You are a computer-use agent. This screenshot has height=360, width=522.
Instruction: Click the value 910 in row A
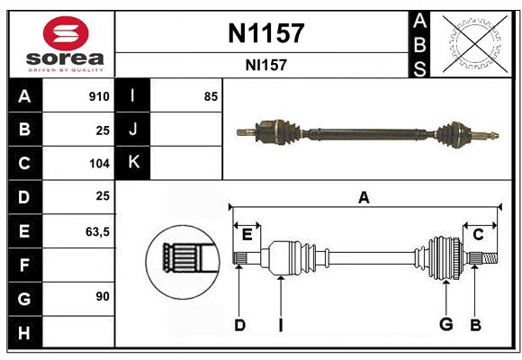(98, 96)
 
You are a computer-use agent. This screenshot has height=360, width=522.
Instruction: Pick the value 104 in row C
(98, 164)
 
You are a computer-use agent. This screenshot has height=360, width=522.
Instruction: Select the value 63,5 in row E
(96, 231)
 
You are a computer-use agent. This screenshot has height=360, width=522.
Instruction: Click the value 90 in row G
(102, 297)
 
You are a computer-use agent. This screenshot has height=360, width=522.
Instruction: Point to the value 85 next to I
(211, 96)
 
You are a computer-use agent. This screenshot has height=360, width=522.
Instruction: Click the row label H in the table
(24, 333)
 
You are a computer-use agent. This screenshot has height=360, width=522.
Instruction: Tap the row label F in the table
(24, 265)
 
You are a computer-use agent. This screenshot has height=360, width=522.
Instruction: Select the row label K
(133, 164)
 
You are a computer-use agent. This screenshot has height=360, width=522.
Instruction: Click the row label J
(133, 130)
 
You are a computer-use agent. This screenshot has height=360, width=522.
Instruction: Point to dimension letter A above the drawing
(364, 198)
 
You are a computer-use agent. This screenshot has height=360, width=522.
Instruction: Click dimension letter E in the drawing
(247, 234)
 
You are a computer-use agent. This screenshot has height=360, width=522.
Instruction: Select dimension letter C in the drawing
(478, 234)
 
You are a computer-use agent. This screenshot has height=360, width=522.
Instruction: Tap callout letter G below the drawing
(445, 325)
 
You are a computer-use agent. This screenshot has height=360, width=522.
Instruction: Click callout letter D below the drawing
(239, 325)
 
